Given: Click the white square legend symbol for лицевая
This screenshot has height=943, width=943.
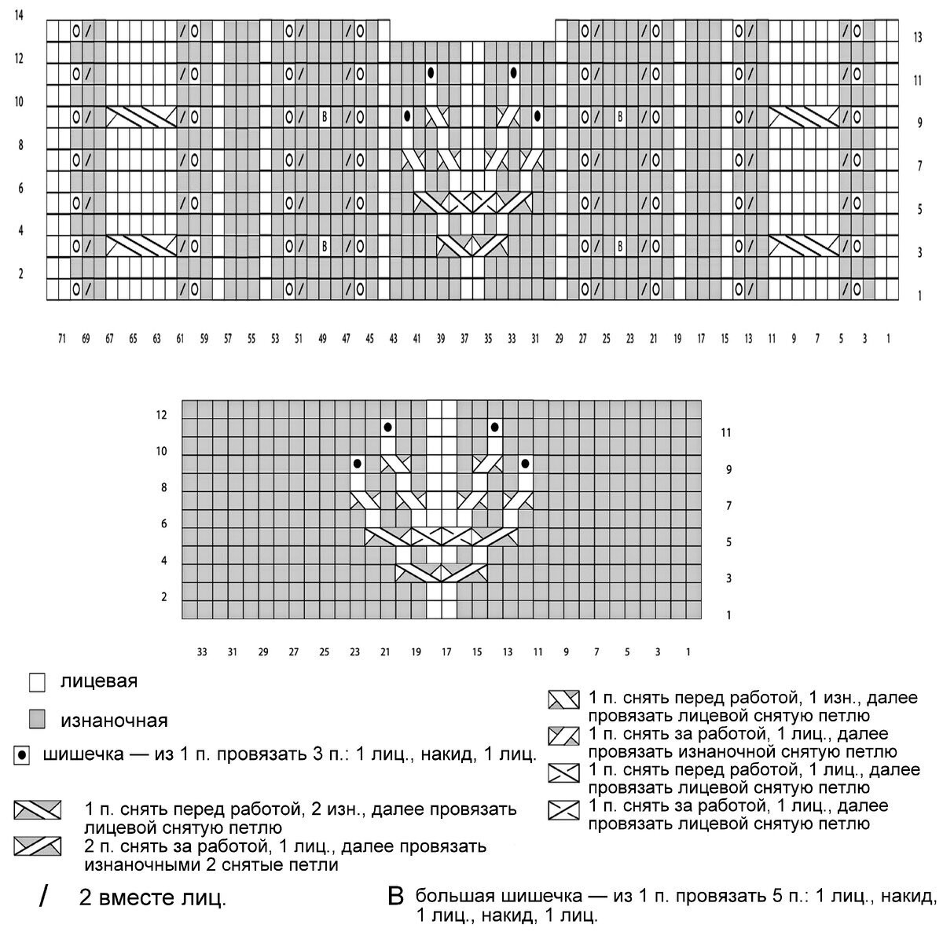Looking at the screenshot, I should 35,682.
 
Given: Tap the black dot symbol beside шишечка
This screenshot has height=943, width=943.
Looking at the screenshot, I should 22,756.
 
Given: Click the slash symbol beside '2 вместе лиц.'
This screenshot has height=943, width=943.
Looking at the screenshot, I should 43,897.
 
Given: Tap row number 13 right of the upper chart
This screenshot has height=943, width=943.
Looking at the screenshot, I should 918,37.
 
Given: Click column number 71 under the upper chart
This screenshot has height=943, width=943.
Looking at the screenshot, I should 61,339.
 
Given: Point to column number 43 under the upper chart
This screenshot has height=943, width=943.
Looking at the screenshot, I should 393,339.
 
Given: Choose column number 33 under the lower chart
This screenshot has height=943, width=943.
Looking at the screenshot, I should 202,651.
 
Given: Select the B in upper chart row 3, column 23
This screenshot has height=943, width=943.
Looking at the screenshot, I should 620,247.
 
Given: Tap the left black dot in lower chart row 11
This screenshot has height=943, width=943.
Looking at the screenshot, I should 387,427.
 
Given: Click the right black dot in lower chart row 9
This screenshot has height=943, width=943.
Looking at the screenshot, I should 524,464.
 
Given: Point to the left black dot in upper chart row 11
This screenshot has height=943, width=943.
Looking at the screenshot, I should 431,73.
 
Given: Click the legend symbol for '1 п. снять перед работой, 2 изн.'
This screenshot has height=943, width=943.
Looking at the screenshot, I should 38,809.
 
